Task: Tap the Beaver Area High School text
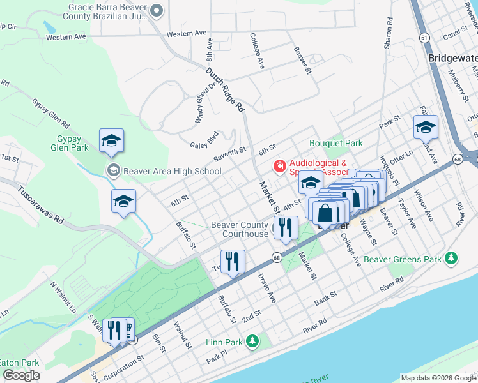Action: point(172,171)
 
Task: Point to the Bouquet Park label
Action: point(336,144)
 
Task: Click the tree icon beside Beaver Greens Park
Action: point(452,258)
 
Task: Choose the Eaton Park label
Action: point(19,363)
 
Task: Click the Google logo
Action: point(21,375)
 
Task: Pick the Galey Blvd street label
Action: point(204,144)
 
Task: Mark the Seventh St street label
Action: point(230,151)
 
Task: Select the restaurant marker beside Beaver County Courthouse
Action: point(286,227)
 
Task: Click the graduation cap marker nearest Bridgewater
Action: point(426,127)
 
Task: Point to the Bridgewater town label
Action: point(452,57)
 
